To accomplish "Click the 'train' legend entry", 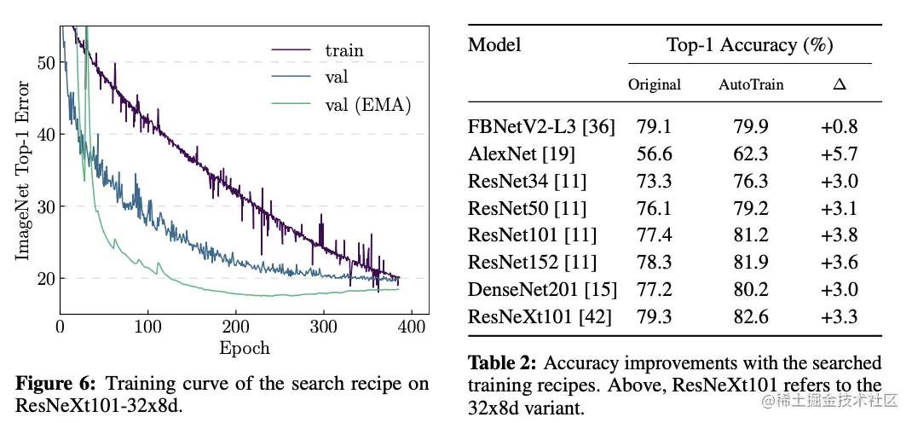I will [343, 50].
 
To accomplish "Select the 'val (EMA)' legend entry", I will [368, 105].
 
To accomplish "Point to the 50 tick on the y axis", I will [46, 62].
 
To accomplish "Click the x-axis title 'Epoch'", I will [244, 348].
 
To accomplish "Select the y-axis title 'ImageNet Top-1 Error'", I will [24, 171].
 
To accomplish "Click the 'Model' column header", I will [494, 45].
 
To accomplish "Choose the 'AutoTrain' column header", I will [751, 84].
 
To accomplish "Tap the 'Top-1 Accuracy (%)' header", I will [749, 45].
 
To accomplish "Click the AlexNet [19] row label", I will [522, 154].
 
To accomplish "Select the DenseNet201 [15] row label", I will [542, 290].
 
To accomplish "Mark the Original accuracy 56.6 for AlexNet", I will [655, 154].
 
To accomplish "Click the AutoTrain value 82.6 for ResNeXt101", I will [751, 317].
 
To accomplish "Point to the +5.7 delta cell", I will [839, 154].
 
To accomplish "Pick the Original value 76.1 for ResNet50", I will [655, 209].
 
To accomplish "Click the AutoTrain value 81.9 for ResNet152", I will [751, 263].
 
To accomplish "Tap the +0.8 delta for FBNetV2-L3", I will [839, 127].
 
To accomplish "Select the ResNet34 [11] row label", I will [527, 182].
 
